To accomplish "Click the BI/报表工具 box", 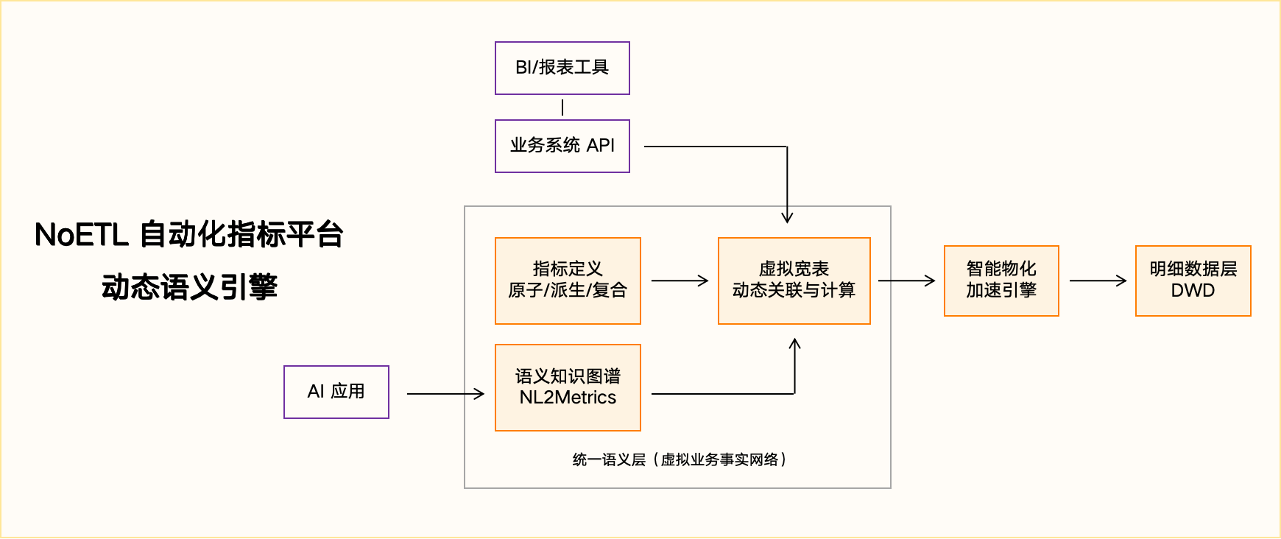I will pyautogui.click(x=562, y=68).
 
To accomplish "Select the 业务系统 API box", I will pyautogui.click(x=562, y=146).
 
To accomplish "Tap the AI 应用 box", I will pyautogui.click(x=336, y=392).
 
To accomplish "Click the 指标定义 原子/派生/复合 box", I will pyautogui.click(x=568, y=281).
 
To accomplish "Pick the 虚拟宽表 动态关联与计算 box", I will pyautogui.click(x=794, y=281).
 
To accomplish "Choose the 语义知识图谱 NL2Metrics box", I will pyautogui.click(x=568, y=387).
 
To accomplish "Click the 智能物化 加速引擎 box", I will pyautogui.click(x=1001, y=281).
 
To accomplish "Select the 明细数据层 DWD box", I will pyautogui.click(x=1193, y=281).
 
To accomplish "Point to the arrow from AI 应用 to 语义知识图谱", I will pyautogui.click(x=445, y=394).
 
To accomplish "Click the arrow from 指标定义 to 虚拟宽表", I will pyautogui.click(x=679, y=281).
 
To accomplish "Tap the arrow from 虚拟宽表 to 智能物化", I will pyautogui.click(x=906, y=281).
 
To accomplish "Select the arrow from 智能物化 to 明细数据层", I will pyautogui.click(x=1097, y=281).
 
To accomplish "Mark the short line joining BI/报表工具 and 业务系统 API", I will pyautogui.click(x=562, y=108).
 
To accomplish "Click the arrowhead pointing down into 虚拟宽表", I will pyautogui.click(x=787, y=216).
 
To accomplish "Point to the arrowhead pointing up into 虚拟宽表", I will pyautogui.click(x=794, y=344).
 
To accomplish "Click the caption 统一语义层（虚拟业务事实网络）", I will pyautogui.click(x=679, y=460).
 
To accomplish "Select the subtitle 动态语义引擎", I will pyautogui.click(x=189, y=287).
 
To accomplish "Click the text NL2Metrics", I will pyautogui.click(x=568, y=398).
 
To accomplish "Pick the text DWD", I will pyautogui.click(x=1193, y=290).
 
